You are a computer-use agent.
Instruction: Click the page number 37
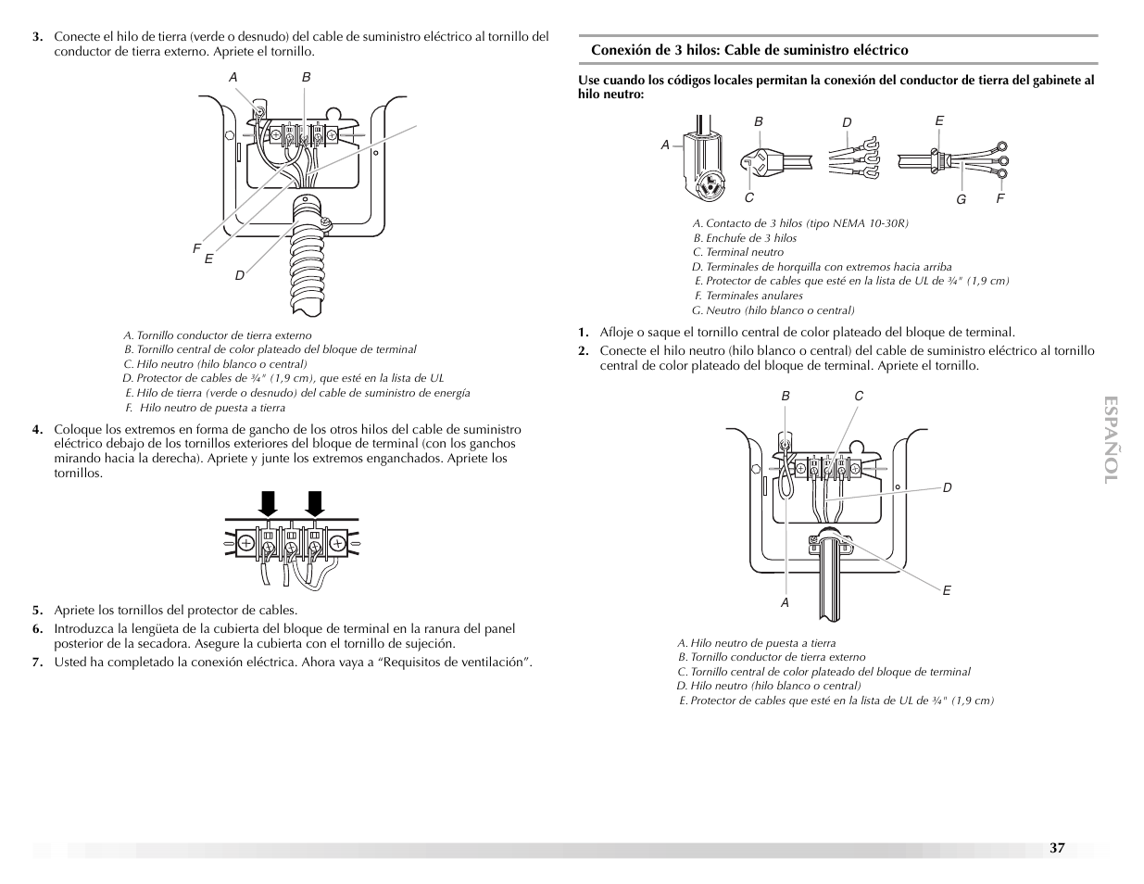[x=1057, y=848]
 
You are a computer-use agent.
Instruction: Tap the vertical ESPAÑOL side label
[x=1112, y=440]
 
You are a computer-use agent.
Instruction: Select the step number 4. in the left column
[x=38, y=429]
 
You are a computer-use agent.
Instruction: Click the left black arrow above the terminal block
[x=269, y=503]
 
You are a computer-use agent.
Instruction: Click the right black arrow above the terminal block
[x=315, y=503]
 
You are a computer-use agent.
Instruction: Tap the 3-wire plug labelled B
[x=765, y=162]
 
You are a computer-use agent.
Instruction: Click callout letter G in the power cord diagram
[x=961, y=198]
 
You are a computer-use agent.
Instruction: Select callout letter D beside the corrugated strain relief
[x=239, y=275]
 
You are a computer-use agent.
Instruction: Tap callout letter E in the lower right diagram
[x=947, y=590]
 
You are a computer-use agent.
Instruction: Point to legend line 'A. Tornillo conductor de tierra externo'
[x=218, y=335]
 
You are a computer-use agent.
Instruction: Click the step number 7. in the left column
[x=38, y=662]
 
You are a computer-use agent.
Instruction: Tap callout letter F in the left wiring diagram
[x=196, y=248]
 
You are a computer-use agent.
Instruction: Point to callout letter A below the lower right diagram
[x=785, y=602]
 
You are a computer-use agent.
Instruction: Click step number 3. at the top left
[x=38, y=37]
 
